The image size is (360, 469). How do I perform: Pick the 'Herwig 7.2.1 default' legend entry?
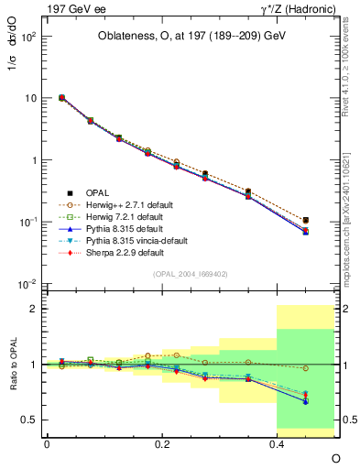click(x=125, y=216)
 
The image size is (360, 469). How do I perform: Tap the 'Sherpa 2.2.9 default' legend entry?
click(x=125, y=252)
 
